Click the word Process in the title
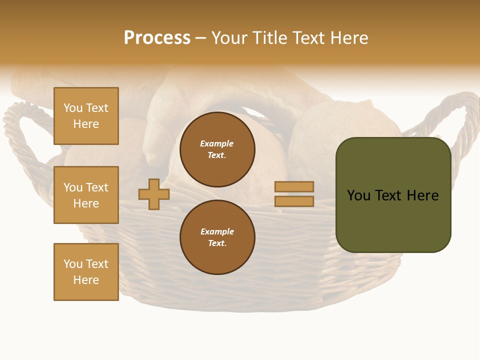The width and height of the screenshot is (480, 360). pos(157,38)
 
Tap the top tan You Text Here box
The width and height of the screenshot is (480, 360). pos(86,116)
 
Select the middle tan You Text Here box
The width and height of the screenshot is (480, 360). pos(86,195)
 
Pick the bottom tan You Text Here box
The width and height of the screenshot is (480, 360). pos(86,272)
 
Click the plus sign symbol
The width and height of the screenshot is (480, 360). pos(154,194)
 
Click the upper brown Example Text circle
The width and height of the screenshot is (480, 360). pos(217,149)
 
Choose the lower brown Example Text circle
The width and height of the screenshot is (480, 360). pos(217,237)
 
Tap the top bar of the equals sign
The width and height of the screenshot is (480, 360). pos(294,187)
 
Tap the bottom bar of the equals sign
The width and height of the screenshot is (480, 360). pos(294,201)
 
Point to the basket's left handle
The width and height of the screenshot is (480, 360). pos(20,130)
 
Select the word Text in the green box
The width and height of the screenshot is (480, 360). pos(389,195)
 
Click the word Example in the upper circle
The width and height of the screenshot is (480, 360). pos(217,143)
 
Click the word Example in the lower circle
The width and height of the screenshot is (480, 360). pos(217,231)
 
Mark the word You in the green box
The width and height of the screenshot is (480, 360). pos(358,195)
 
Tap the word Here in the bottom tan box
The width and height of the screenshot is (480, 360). pos(86,280)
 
